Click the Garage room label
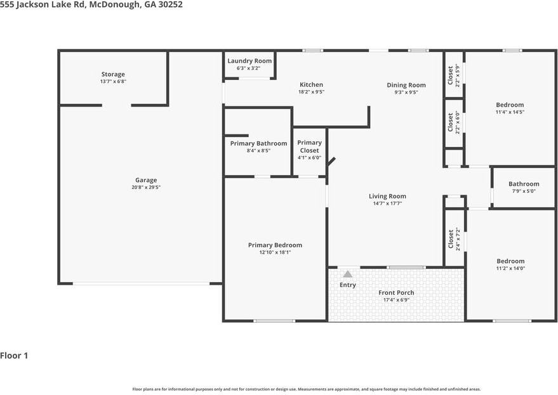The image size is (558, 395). [x=145, y=180]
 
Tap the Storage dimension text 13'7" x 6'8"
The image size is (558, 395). [x=113, y=82]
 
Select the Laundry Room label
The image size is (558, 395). [x=249, y=61]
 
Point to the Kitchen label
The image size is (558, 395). [x=311, y=84]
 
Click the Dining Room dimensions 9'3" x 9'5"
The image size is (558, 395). [x=406, y=93]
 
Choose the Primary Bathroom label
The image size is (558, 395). [x=258, y=143]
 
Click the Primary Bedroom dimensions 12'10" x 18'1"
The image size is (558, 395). [x=275, y=252]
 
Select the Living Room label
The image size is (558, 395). [x=387, y=196]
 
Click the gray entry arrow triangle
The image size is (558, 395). [x=347, y=274]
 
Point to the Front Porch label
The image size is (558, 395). [x=396, y=292]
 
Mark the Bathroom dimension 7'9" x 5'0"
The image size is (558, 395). [x=523, y=191]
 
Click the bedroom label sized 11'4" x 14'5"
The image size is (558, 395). [x=510, y=105]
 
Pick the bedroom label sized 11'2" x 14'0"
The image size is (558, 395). [x=510, y=261]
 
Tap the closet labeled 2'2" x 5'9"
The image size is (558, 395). [x=453, y=75]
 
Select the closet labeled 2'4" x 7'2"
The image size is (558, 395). [x=453, y=238]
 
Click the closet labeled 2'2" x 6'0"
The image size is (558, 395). [x=453, y=122]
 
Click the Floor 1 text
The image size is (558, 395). [x=14, y=356]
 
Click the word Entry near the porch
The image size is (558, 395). [x=347, y=285]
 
